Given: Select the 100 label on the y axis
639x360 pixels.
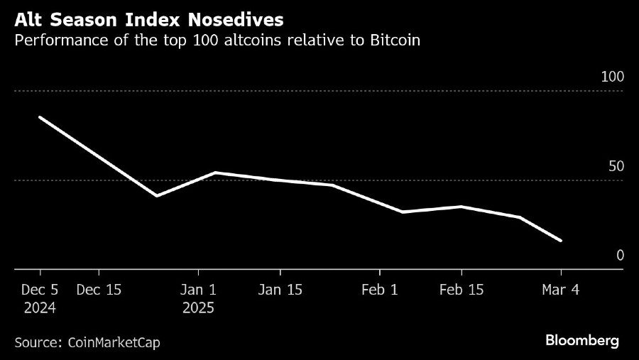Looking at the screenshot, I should [x=612, y=77].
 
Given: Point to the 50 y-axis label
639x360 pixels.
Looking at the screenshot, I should [x=616, y=166].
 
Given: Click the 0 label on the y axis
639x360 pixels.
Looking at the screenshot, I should [x=620, y=255].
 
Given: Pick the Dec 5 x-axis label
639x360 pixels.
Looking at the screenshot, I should [x=40, y=290].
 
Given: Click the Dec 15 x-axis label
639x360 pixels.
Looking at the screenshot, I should [x=98, y=290].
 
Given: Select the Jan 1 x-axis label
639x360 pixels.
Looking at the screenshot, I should [x=198, y=290].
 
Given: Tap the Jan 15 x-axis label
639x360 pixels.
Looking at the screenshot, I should [x=280, y=290].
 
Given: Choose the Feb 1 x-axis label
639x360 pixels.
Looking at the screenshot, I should [x=380, y=290].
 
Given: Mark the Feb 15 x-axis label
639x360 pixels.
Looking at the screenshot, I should [x=461, y=290].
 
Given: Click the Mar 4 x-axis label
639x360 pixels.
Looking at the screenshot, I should [x=562, y=290].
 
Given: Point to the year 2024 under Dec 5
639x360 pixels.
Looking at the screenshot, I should [x=40, y=308].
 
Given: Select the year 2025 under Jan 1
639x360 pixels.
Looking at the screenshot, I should [x=198, y=308].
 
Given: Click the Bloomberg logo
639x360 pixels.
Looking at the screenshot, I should [x=582, y=341].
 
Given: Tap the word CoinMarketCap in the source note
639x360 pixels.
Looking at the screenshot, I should [x=114, y=342].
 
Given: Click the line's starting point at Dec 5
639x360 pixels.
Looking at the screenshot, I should [x=40, y=117].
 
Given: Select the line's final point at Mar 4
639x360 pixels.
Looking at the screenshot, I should [x=561, y=241].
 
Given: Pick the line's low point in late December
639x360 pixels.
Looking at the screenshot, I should [x=156, y=195].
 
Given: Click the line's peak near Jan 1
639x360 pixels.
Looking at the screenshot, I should [x=215, y=173].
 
